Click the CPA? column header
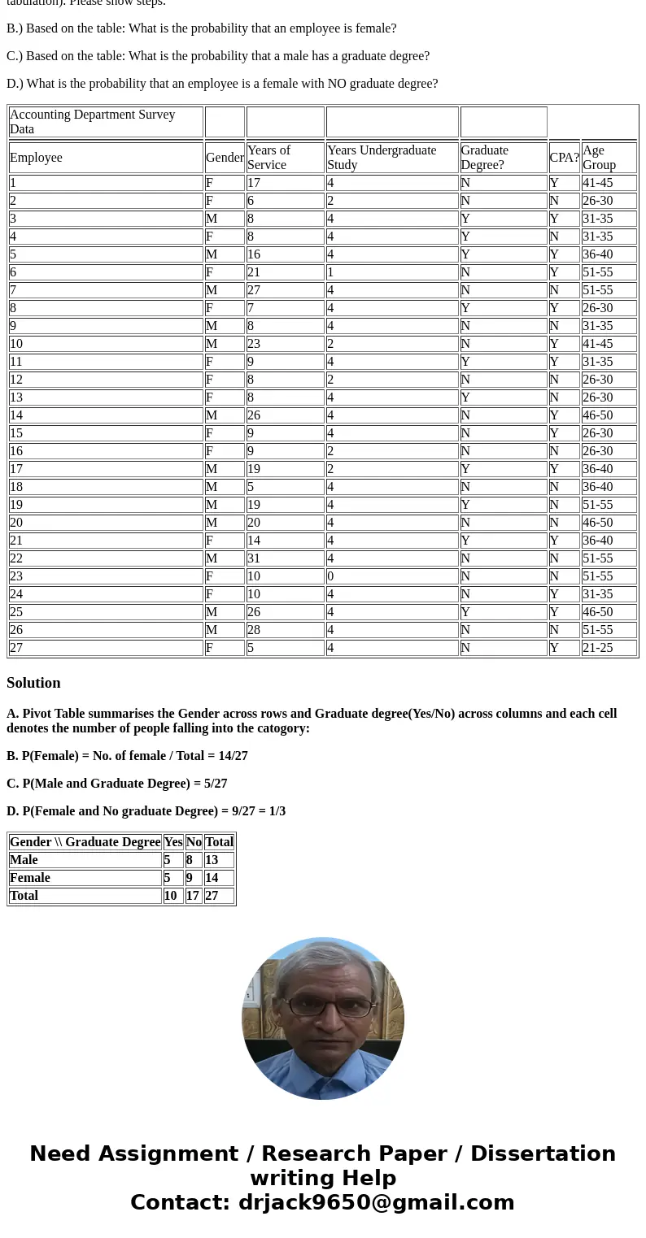click(564, 158)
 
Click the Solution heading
click(33, 683)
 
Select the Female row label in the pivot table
click(30, 878)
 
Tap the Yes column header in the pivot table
click(172, 842)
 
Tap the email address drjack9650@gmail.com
click(376, 1203)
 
